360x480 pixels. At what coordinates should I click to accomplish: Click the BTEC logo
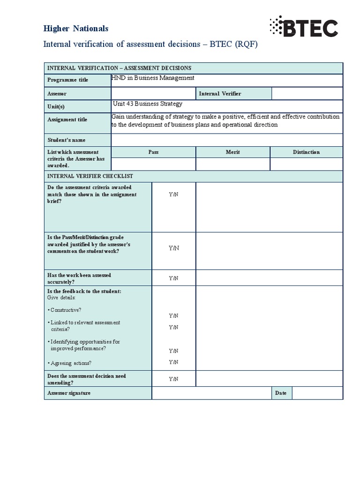[303, 27]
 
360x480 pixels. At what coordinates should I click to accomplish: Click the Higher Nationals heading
[76, 29]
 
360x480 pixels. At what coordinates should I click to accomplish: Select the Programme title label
[67, 80]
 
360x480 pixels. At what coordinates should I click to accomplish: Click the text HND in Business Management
[153, 78]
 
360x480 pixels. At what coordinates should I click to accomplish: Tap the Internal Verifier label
[220, 94]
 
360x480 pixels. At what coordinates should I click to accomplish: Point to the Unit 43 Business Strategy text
[148, 104]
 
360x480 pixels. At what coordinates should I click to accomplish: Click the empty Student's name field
[227, 140]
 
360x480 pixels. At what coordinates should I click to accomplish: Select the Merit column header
[233, 152]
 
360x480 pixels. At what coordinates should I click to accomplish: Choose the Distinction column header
[306, 152]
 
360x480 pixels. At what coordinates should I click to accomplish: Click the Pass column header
[153, 152]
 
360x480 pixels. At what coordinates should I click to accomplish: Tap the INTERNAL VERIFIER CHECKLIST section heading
[90, 176]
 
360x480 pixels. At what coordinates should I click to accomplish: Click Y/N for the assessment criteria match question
[174, 194]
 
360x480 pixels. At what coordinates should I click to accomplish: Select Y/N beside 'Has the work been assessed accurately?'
[174, 278]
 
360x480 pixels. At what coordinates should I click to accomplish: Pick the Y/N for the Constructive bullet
[174, 316]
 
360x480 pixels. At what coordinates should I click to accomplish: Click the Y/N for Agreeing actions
[174, 362]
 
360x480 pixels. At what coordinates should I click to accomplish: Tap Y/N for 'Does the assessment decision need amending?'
[174, 379]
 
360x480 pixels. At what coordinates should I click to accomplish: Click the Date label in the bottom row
[281, 393]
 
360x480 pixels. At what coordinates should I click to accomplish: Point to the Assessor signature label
[69, 393]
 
